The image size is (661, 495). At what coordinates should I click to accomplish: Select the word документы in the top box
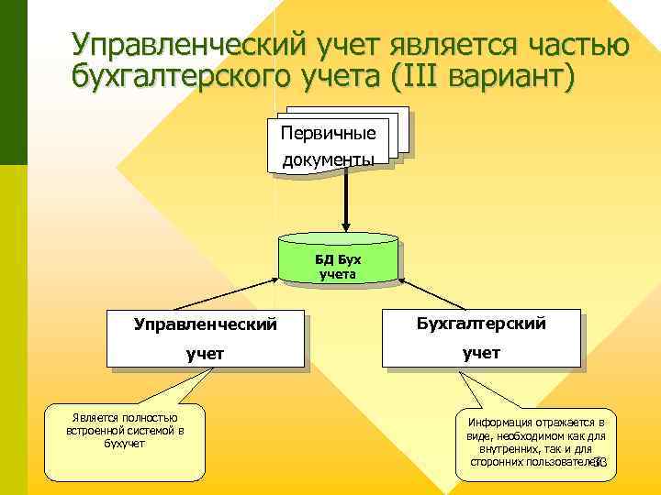(x=328, y=159)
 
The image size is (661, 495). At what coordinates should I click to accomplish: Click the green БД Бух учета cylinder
(x=340, y=261)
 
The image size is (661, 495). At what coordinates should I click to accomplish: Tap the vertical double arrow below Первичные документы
(x=346, y=203)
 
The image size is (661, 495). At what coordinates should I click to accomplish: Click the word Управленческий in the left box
(x=205, y=324)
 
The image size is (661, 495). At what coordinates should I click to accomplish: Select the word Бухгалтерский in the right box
(x=481, y=324)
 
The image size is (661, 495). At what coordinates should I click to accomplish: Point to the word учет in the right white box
(x=481, y=353)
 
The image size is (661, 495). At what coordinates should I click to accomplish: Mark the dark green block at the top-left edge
(x=14, y=82)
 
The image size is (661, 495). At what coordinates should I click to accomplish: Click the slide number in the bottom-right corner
(x=600, y=463)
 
